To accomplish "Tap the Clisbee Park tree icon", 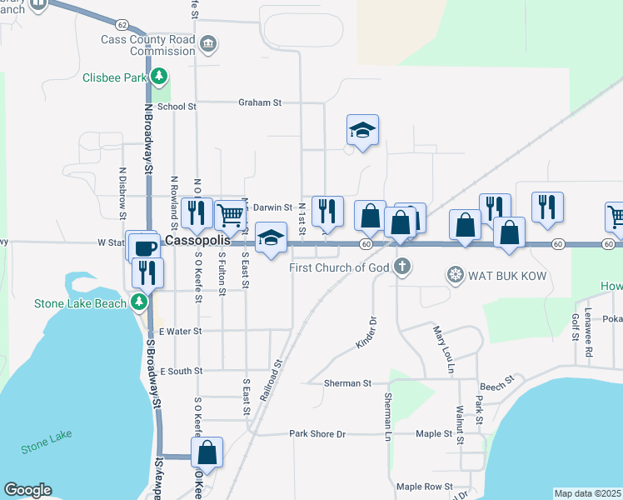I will pos(157,78).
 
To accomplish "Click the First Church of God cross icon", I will pos(402,267).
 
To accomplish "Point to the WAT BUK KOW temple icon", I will pos(455,274).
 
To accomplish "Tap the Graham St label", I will pos(260,102).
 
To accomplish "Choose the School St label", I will pos(176,107).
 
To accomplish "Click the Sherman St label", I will pos(348,383).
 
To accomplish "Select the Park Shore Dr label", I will pos(316,434).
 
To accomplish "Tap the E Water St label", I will pos(180,331).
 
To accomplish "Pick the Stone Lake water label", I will pos(49,435).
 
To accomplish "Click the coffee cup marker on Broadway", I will pos(147,248).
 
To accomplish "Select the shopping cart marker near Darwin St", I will pos(231,215).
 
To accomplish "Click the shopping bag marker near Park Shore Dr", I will pos(207,453).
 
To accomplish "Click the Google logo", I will pos(28,490).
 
